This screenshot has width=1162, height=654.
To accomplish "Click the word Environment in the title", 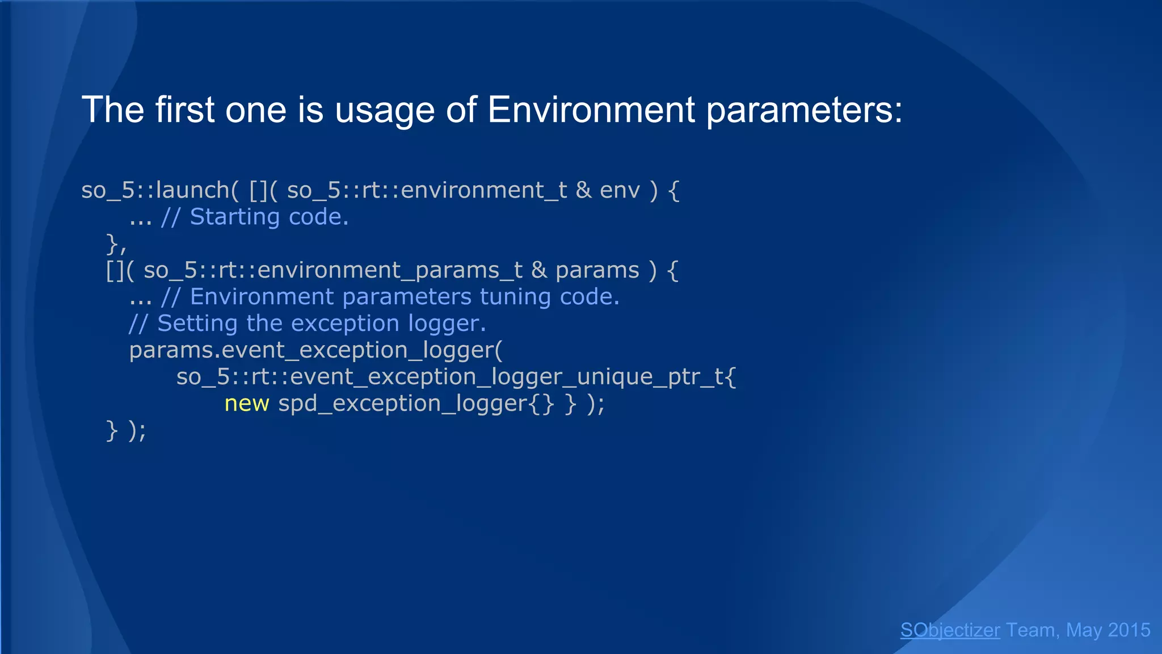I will [591, 109].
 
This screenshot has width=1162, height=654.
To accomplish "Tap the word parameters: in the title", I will [804, 110].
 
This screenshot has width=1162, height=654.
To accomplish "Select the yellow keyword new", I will [247, 404].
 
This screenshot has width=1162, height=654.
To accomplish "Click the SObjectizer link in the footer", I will [950, 630].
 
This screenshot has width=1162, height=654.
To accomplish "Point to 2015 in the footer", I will [1129, 630].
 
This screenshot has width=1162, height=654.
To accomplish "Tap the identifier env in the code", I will [620, 191].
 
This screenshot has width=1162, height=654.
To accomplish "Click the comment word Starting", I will [234, 217].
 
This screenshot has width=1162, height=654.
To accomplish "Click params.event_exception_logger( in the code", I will [315, 350].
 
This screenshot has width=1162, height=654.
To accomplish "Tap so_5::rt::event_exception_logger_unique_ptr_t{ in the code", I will [456, 377].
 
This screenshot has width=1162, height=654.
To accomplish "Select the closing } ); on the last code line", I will [126, 430].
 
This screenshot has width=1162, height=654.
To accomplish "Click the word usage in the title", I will [385, 110].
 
